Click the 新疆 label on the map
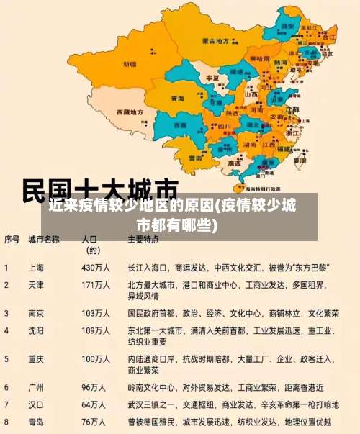(130, 63)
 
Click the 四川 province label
(224, 127)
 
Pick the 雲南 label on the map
(195, 157)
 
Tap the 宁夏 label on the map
(212, 77)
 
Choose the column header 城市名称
(43, 239)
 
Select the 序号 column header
(12, 239)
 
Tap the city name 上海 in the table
(36, 267)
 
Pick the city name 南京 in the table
(36, 314)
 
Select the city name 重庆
(36, 358)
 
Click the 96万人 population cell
(94, 387)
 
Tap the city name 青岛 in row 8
(36, 422)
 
